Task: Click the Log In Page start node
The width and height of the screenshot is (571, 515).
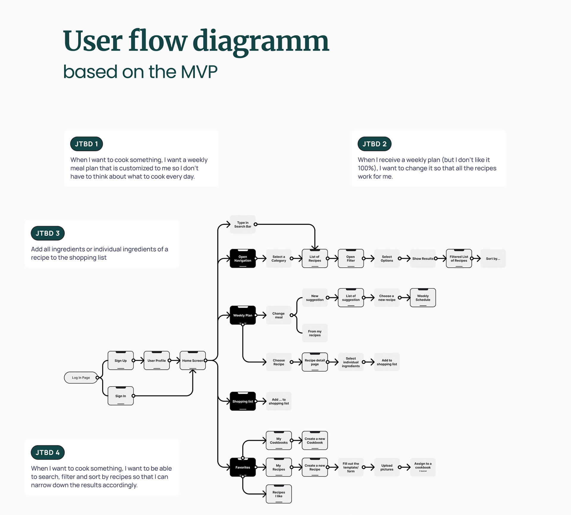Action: tap(81, 378)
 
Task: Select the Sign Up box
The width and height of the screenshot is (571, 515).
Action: tap(121, 360)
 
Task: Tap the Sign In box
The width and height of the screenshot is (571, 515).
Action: tap(121, 396)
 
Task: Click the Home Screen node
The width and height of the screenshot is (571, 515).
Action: tap(193, 360)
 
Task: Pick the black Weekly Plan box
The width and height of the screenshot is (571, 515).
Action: tap(243, 315)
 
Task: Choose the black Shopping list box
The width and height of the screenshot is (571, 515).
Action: tap(243, 401)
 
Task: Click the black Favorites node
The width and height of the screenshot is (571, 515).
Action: tap(243, 467)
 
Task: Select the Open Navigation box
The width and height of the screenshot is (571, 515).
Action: tap(243, 258)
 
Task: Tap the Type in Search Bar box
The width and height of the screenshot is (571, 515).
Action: tap(243, 224)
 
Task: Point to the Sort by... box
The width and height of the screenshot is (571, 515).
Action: tap(493, 258)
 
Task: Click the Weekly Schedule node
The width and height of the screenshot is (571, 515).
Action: tap(423, 298)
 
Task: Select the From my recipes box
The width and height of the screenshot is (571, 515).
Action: tap(315, 333)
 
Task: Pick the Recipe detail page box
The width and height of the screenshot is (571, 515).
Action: tap(315, 362)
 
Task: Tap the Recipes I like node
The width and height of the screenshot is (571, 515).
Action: tap(279, 494)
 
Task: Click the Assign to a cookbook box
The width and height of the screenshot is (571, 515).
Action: tap(423, 467)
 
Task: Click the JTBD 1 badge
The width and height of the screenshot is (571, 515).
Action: tap(86, 144)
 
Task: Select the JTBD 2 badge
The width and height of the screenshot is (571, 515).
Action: tap(374, 144)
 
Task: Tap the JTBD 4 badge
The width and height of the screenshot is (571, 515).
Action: tap(48, 453)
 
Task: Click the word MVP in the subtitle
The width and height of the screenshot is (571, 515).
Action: tap(199, 72)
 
